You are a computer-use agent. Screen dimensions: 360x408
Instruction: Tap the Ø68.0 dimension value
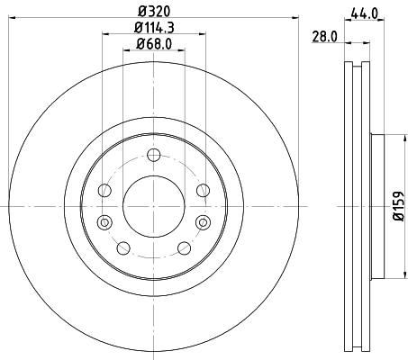point(152,44)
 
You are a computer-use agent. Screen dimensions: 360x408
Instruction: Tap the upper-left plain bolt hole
point(105,189)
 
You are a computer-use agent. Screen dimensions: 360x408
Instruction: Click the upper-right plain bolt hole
point(203,189)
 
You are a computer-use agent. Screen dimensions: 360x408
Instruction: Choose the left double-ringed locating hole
point(104,222)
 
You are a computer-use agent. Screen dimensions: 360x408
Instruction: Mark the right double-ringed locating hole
point(200,222)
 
